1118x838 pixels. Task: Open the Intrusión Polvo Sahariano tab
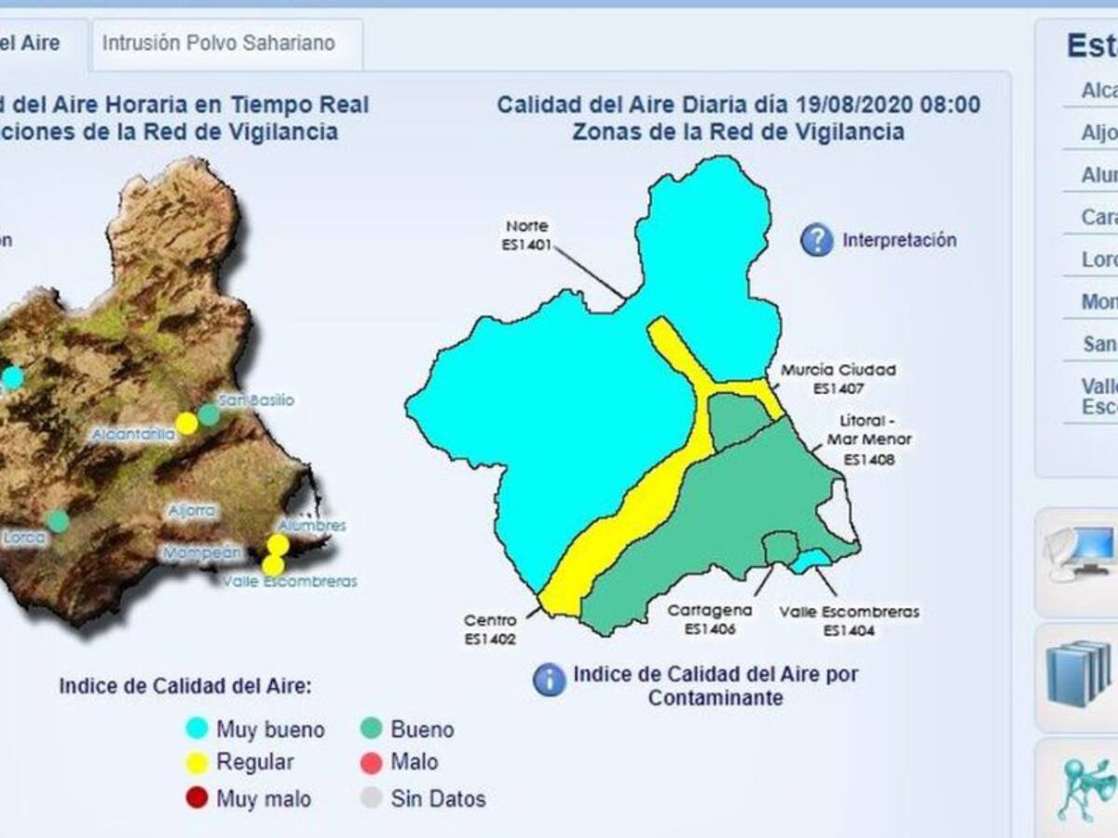(218, 43)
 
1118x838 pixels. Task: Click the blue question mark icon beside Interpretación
(816, 240)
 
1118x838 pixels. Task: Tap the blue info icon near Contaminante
(549, 680)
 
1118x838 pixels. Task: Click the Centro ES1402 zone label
(490, 629)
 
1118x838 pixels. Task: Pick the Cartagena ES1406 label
(709, 619)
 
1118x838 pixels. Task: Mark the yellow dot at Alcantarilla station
(186, 424)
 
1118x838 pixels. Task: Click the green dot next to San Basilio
(210, 415)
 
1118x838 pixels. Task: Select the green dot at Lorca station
(58, 520)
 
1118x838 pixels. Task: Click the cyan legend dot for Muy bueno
(197, 729)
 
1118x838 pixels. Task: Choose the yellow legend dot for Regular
(197, 763)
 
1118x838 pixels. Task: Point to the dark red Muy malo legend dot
(197, 798)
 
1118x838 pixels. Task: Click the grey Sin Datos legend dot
(372, 798)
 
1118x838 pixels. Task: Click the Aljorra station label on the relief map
(192, 510)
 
